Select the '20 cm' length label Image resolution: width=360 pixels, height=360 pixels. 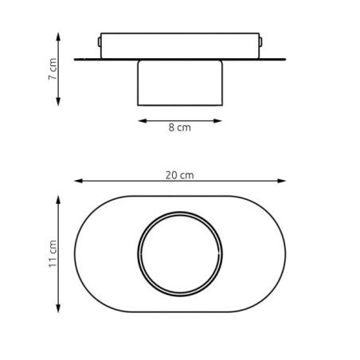180,174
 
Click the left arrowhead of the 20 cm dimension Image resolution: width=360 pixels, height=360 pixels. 77,182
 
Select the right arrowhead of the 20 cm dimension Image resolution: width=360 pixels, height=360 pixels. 284,182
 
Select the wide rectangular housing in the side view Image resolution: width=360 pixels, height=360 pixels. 180,45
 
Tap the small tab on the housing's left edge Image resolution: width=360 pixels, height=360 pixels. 99,41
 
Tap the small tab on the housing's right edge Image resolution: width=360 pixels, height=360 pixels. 261,41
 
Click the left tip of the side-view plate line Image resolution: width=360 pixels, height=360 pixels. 76,59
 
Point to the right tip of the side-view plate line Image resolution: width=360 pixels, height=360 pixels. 285,59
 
